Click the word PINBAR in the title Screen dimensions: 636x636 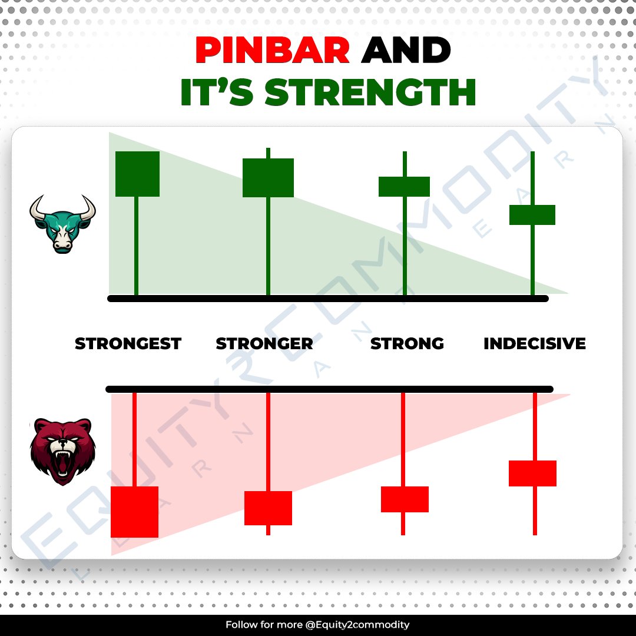[273, 51]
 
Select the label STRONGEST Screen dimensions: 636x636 [128, 343]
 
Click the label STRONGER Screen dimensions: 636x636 [264, 343]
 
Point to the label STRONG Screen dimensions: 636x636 [407, 343]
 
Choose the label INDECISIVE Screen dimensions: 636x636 [535, 343]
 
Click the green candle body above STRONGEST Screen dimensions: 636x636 [137, 174]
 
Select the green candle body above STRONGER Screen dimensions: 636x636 [268, 177]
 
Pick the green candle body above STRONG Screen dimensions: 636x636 [404, 186]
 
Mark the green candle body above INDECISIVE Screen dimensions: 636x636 [532, 215]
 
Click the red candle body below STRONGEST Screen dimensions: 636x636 [134, 512]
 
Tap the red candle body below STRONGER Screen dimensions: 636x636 [268, 508]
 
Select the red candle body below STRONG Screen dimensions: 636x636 [405, 499]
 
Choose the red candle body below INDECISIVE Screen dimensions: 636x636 [532, 473]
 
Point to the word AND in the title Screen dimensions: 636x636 [406, 51]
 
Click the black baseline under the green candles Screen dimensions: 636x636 [328, 299]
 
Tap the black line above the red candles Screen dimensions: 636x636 [329, 389]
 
